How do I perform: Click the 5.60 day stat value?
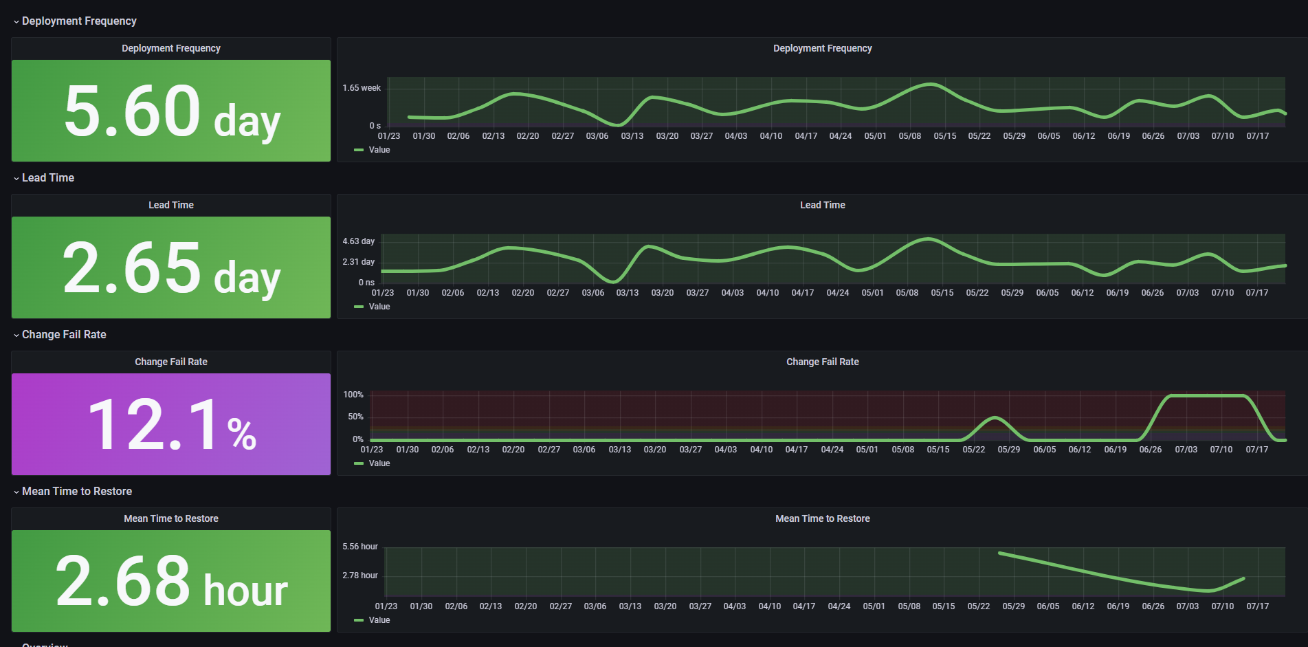(x=172, y=111)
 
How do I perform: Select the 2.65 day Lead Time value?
(x=172, y=268)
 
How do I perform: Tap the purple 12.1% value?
(x=172, y=425)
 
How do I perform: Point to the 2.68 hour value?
(x=172, y=582)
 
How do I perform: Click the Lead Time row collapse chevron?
(x=16, y=179)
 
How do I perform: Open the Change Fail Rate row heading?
(x=64, y=335)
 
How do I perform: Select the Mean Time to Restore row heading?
(x=77, y=492)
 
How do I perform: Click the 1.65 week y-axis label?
(x=362, y=88)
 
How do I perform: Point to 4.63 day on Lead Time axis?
(x=359, y=241)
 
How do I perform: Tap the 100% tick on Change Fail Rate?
(x=353, y=395)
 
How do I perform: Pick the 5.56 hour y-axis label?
(x=360, y=547)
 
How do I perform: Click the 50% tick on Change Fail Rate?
(x=355, y=417)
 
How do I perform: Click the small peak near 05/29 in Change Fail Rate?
(x=995, y=417)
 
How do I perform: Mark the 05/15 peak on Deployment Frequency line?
(x=930, y=85)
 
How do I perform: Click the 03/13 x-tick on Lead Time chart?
(x=628, y=293)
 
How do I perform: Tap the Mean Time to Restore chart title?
(x=823, y=518)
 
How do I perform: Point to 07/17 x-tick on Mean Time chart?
(x=1258, y=606)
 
